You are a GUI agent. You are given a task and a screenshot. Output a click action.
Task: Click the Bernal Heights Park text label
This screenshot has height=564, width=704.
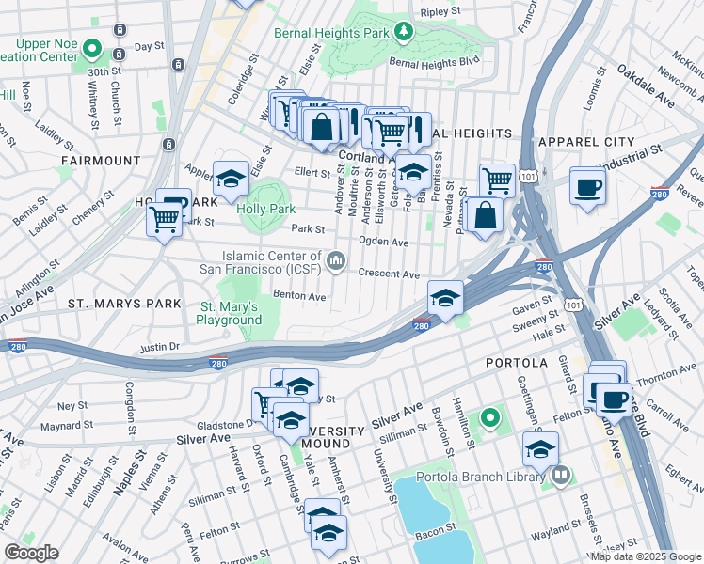330,33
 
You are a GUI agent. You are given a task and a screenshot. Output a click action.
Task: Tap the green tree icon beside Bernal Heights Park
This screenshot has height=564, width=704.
403,33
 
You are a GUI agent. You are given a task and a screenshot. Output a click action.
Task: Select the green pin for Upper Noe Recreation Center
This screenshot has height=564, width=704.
91,47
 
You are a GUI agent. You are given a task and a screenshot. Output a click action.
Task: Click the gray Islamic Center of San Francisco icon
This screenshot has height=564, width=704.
337,258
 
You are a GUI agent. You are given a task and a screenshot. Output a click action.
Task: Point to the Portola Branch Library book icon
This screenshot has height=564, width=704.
562,476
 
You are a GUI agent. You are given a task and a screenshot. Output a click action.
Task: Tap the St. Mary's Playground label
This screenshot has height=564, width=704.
229,313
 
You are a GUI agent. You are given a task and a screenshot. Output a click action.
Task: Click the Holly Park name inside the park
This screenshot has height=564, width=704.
266,209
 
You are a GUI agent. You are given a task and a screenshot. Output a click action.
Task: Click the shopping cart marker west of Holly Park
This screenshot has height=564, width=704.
165,220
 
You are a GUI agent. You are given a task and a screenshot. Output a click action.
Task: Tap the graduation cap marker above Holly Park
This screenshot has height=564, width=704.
230,179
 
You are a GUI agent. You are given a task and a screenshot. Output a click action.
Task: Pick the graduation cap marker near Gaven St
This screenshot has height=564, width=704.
445,299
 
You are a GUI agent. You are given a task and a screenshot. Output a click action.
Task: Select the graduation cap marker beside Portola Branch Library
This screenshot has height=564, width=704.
540,449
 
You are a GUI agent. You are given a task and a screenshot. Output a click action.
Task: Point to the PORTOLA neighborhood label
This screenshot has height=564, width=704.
515,362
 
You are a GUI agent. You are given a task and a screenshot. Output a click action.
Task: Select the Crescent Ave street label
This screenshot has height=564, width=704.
388,274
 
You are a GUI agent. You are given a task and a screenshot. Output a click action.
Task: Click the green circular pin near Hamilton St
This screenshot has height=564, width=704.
489,416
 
